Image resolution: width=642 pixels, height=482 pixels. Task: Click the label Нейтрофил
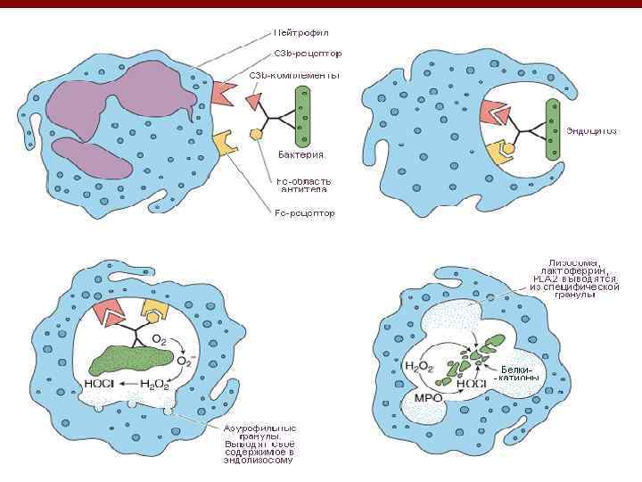click(x=302, y=34)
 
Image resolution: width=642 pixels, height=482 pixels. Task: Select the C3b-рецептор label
click(x=307, y=54)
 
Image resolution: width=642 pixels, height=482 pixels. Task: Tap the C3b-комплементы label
click(x=294, y=75)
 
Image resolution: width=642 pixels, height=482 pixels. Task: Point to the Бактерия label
click(x=302, y=154)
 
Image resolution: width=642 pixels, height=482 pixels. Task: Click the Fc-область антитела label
click(x=303, y=185)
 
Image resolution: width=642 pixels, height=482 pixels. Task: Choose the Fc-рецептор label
click(x=305, y=213)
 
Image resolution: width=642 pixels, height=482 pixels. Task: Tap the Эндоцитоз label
click(x=591, y=131)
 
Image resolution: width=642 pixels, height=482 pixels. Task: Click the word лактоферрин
click(x=572, y=270)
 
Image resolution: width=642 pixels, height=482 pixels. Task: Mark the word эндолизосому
click(x=259, y=460)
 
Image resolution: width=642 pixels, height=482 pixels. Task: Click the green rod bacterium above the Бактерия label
click(x=303, y=117)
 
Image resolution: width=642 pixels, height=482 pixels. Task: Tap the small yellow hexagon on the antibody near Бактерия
click(x=256, y=133)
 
